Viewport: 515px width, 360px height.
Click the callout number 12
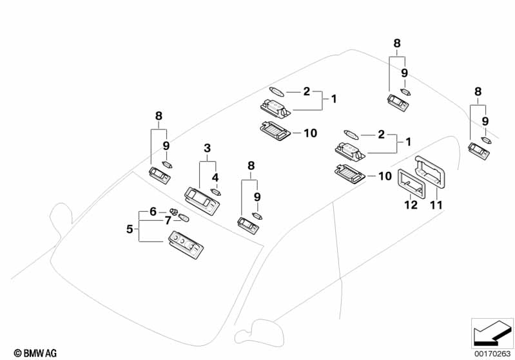[411, 205]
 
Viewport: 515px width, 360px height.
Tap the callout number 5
[130, 228]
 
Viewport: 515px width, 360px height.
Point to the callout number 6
[153, 211]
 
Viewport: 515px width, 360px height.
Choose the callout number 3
[207, 148]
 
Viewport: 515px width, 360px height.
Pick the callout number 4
[215, 177]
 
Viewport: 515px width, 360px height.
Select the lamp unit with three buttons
[186, 243]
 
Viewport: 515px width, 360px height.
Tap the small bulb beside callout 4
[216, 191]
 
